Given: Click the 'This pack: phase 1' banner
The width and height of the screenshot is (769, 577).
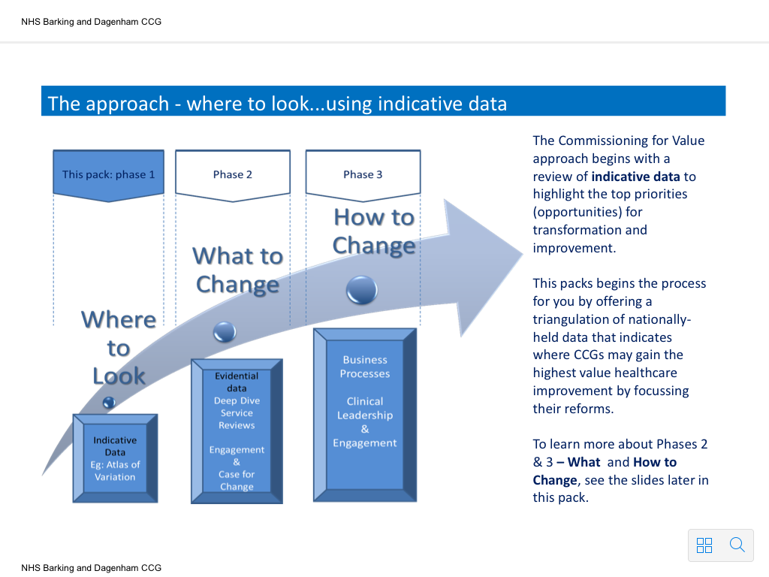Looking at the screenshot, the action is coord(108,175).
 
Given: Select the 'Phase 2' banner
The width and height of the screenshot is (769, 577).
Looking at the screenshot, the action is coord(233,175).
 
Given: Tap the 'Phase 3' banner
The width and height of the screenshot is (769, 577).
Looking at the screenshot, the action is coord(363,175).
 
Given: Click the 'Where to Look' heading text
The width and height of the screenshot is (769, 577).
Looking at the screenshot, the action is coord(119,348).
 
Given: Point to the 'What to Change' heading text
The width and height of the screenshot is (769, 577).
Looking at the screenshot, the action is coord(238,270).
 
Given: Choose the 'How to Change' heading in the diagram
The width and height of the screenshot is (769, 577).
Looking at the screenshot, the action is coord(374,231).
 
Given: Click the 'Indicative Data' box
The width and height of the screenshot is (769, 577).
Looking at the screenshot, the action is coord(115,458).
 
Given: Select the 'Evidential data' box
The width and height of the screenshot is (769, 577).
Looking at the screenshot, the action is coord(237,431).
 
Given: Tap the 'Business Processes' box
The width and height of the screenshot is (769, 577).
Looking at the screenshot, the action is coord(365,415).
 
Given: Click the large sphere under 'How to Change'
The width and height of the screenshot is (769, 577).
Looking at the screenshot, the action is coord(362,290).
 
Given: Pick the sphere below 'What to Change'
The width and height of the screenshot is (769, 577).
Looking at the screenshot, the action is coord(225,332).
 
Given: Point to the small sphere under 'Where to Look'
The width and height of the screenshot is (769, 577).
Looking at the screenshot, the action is coord(109,403).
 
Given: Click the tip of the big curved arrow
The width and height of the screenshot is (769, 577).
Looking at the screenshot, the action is coord(523,254).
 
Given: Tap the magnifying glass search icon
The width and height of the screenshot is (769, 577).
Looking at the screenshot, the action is coord(737,545).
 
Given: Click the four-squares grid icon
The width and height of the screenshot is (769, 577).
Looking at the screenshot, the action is coord(704,545).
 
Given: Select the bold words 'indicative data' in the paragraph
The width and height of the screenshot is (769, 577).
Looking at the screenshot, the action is coord(635,177).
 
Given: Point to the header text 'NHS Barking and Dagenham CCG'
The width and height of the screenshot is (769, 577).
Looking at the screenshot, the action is coord(91,22).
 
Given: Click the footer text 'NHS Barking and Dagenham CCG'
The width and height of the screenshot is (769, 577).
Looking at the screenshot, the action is coord(91,568).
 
